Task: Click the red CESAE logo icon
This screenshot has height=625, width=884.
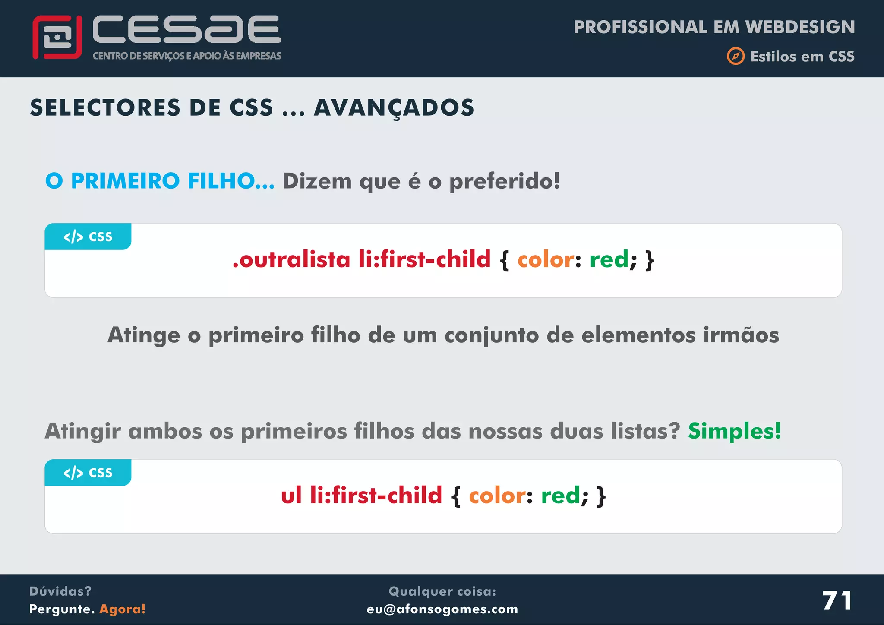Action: pos(57,37)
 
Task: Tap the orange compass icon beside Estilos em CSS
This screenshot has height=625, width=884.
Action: pos(736,56)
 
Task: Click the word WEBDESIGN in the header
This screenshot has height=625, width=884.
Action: pos(800,27)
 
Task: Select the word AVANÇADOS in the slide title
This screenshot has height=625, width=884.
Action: pos(394,107)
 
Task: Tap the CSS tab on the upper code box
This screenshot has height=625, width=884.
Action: pos(88,237)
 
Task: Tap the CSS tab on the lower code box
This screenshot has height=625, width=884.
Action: pos(88,473)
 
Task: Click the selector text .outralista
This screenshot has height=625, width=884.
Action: pos(291,259)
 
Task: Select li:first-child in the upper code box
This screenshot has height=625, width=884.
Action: pos(424,259)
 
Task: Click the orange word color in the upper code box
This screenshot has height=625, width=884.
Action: pos(546,259)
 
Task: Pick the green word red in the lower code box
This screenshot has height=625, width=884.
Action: pos(560,495)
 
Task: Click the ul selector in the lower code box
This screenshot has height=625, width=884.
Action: pos(291,495)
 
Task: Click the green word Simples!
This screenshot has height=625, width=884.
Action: pos(734,431)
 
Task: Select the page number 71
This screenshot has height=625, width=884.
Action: pos(837,600)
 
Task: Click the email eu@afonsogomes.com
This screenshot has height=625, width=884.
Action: pos(442,609)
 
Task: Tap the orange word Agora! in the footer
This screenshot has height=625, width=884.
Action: pos(123,609)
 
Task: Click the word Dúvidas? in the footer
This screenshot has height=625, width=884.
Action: pos(60,591)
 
